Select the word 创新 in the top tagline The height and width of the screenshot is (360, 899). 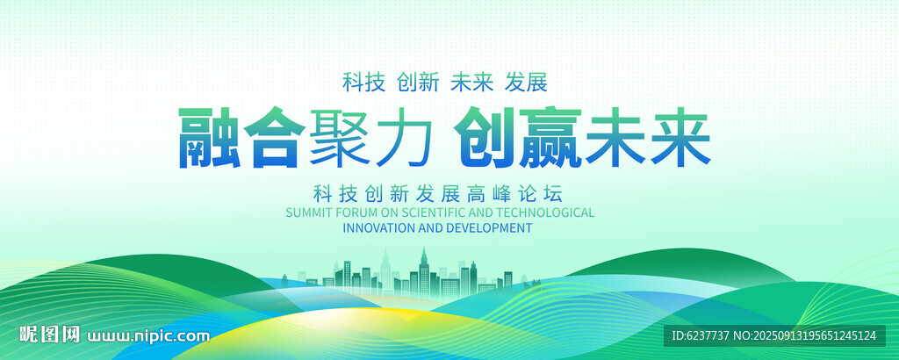[x=418, y=83]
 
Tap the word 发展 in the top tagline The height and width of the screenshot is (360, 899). [x=527, y=83]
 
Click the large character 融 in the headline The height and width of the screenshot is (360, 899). [x=210, y=138]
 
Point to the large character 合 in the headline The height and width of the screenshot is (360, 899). [x=275, y=138]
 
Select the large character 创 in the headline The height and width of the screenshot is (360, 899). [x=485, y=138]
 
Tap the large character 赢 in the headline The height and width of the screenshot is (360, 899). [x=550, y=138]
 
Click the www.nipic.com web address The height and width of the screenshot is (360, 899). [x=147, y=335]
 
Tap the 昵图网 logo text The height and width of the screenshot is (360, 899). [x=49, y=335]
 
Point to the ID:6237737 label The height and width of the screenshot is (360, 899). [x=696, y=336]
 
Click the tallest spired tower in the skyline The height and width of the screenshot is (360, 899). [x=424, y=272]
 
